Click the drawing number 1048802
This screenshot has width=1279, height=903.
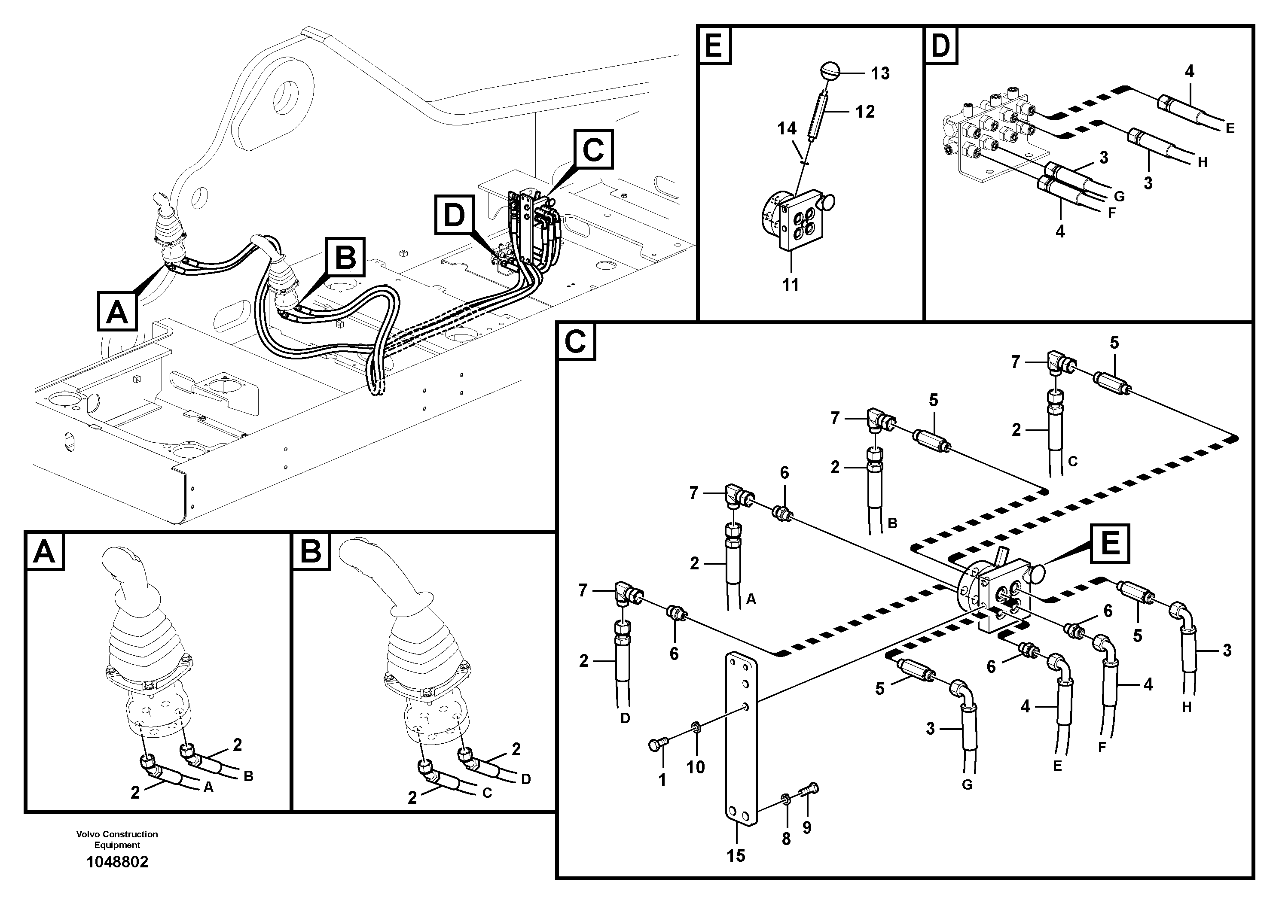click(x=118, y=862)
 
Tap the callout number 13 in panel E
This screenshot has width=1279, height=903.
click(x=880, y=73)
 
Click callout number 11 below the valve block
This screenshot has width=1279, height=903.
click(x=791, y=286)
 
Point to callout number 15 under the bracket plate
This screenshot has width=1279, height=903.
click(x=736, y=856)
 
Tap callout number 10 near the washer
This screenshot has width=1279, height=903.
click(x=695, y=767)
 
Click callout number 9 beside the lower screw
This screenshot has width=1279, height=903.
click(x=806, y=828)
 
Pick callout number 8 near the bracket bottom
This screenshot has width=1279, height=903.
click(x=786, y=839)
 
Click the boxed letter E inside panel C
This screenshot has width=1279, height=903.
click(x=1110, y=543)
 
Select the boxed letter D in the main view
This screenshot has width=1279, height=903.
click(x=455, y=215)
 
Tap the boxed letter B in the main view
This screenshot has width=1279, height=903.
click(x=345, y=258)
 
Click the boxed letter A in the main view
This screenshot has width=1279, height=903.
click(x=117, y=312)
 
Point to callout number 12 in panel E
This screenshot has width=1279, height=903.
click(x=865, y=112)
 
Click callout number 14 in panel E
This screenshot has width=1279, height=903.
click(x=787, y=129)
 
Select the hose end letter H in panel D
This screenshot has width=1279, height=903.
click(x=1202, y=163)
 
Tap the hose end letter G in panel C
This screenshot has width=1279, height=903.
click(x=967, y=784)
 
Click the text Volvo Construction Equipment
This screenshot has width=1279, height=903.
click(x=118, y=839)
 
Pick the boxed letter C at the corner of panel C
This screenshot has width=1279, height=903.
click(x=575, y=342)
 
